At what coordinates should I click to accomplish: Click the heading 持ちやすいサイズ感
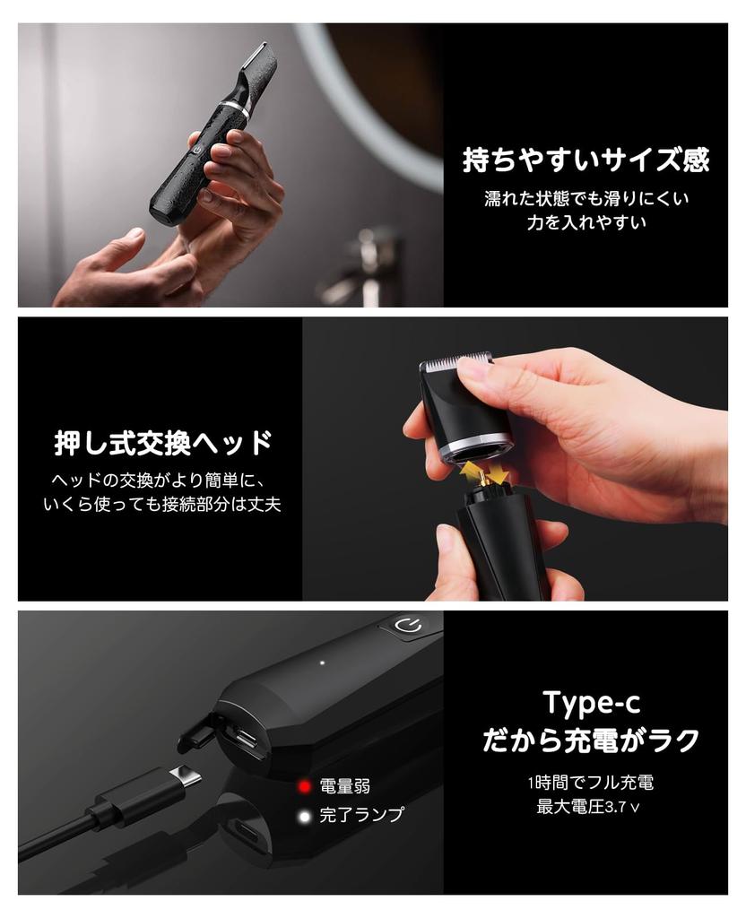[586, 160]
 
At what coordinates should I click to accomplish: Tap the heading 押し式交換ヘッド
[163, 443]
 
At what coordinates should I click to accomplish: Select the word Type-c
[592, 703]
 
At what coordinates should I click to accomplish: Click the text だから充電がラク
[591, 740]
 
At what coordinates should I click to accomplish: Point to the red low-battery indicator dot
[304, 786]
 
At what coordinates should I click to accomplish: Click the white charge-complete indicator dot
[304, 816]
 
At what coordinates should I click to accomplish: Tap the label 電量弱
[345, 786]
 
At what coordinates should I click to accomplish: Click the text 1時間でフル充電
[590, 782]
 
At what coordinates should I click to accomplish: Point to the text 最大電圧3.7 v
[588, 807]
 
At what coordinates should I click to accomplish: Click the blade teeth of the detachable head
[458, 361]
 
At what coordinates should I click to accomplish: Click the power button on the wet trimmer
[197, 151]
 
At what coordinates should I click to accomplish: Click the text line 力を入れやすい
[586, 222]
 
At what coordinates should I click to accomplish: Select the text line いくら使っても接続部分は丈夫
[162, 505]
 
